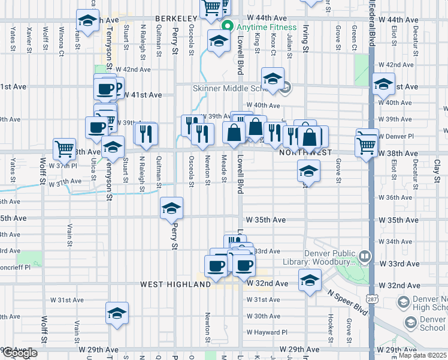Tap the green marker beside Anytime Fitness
click(227, 28)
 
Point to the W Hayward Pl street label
click(267, 332)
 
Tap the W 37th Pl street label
click(63, 165)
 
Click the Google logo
click(20, 353)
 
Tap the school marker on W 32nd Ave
click(310, 281)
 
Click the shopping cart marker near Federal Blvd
click(367, 144)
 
